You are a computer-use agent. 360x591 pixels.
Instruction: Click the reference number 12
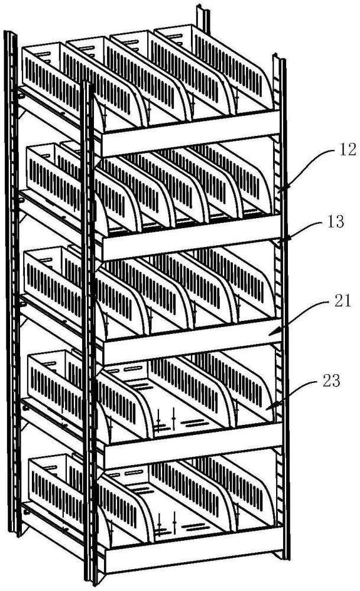[x=347, y=150]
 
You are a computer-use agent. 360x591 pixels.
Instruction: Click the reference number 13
[x=336, y=222]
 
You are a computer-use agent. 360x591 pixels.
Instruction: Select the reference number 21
[x=342, y=301]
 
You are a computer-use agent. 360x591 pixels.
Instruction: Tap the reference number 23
[x=332, y=381]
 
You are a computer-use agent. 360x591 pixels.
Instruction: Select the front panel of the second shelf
[x=191, y=238]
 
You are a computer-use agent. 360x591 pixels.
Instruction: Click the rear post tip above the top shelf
[x=203, y=17]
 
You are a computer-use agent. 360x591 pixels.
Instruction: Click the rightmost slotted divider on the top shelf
[x=233, y=66]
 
